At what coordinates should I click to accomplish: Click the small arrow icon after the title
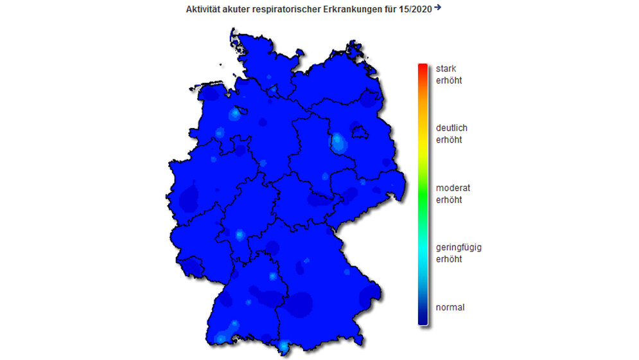[438, 8]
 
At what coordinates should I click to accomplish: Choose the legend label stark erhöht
[449, 75]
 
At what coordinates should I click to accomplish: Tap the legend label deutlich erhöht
[451, 134]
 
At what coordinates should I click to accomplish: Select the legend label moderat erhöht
[453, 194]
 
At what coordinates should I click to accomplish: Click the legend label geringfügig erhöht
[459, 253]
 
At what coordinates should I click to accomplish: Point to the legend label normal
[450, 307]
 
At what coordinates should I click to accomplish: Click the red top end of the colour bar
[423, 67]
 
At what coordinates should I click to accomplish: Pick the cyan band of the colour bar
[423, 248]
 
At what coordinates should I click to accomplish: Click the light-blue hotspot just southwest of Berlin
[338, 141]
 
